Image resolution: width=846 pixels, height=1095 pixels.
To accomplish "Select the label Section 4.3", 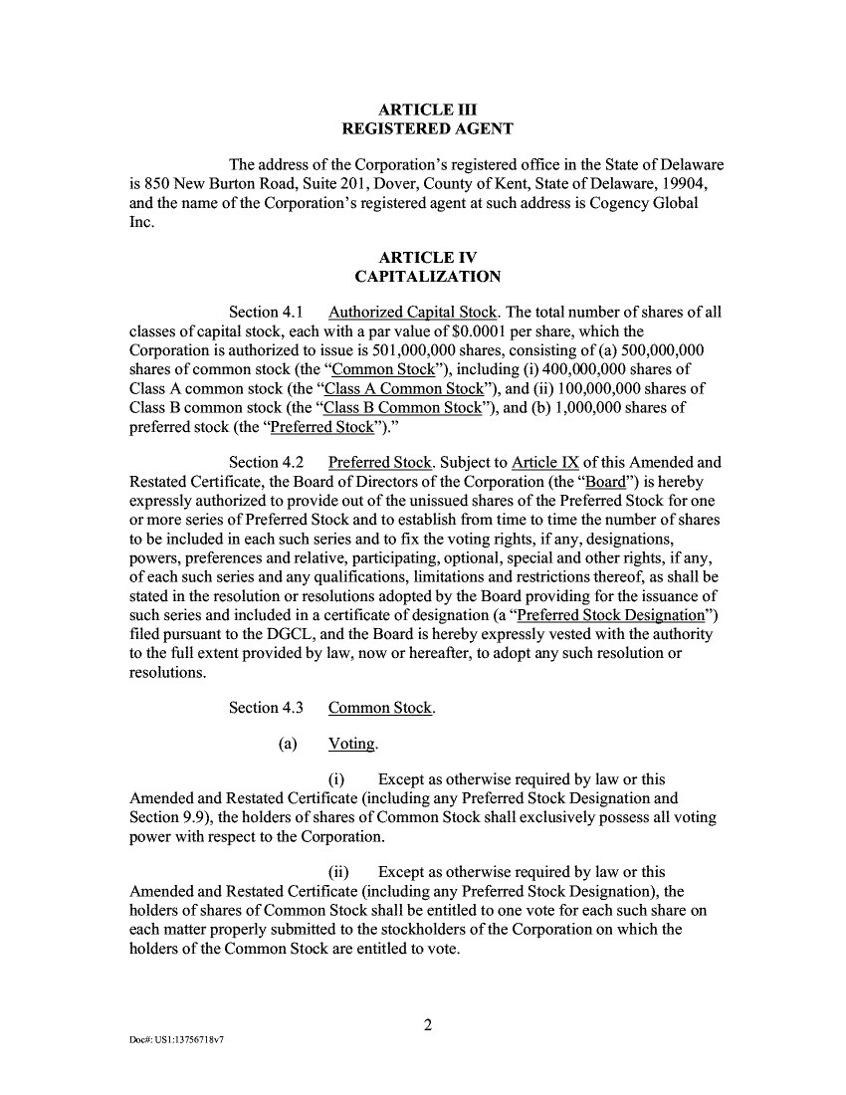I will click(x=265, y=709).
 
